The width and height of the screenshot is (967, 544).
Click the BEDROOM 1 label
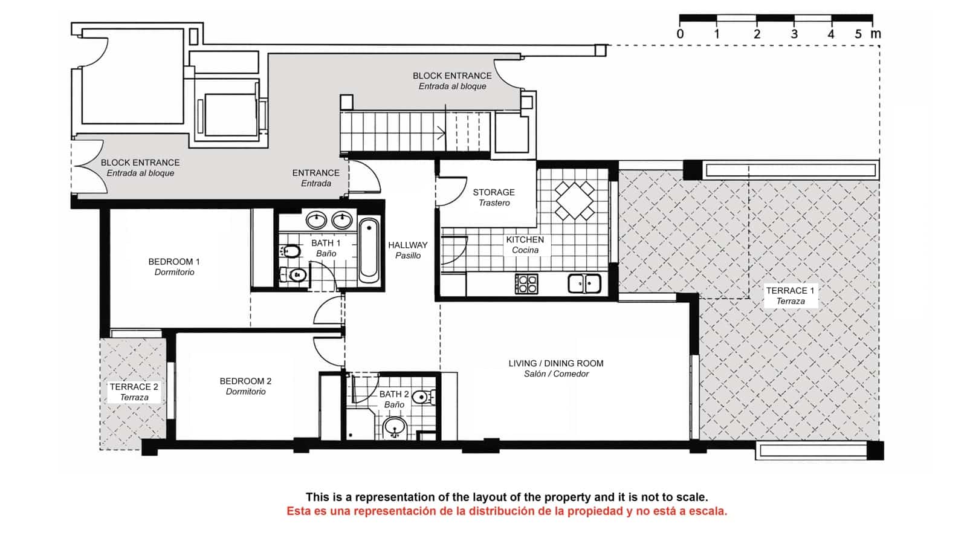[174, 267]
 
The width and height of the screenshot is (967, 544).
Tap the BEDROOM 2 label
[245, 386]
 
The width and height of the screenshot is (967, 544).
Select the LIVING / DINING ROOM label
[556, 368]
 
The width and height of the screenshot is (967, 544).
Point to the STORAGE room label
[494, 197]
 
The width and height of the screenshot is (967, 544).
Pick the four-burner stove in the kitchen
[526, 283]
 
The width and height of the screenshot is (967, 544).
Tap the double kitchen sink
[584, 283]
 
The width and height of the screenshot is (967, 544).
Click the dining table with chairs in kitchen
[574, 200]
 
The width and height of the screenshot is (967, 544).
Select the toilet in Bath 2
[423, 397]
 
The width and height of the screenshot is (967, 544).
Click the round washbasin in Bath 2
[395, 427]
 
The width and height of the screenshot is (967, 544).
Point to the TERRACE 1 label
[790, 296]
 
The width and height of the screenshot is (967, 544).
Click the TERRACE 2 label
[134, 392]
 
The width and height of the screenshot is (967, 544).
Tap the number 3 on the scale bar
[794, 34]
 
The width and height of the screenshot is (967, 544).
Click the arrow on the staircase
[441, 132]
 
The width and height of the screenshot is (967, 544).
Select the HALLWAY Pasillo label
[407, 250]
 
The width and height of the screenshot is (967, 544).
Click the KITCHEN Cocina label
[525, 244]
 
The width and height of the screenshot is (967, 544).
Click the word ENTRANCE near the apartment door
[315, 173]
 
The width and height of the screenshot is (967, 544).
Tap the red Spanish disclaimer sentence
[506, 511]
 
